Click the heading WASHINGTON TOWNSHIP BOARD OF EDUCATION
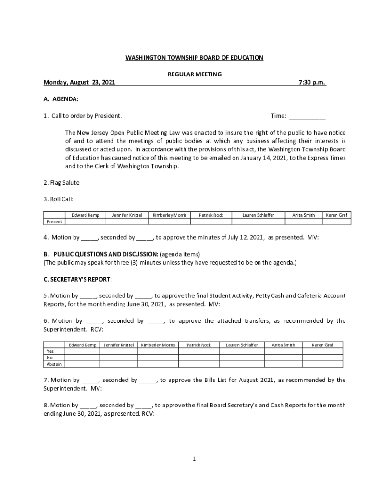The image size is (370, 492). pyautogui.click(x=194, y=58)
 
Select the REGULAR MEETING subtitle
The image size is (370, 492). pyautogui.click(x=194, y=74)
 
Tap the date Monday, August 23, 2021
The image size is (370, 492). pyautogui.click(x=79, y=83)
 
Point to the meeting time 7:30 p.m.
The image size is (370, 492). pyautogui.click(x=312, y=83)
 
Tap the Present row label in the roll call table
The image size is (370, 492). pyautogui.click(x=54, y=221)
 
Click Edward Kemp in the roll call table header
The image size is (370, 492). pyautogui.click(x=86, y=215)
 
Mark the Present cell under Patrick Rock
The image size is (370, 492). pyautogui.click(x=211, y=221)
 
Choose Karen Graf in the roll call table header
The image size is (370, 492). pyautogui.click(x=336, y=215)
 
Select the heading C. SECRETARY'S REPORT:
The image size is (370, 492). pyautogui.click(x=77, y=279)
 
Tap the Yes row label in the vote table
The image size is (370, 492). pyautogui.click(x=50, y=351)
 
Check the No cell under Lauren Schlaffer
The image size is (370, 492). pyautogui.click(x=242, y=357)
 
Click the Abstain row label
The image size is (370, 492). pyautogui.click(x=53, y=364)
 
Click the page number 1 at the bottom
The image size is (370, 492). pyautogui.click(x=194, y=459)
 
